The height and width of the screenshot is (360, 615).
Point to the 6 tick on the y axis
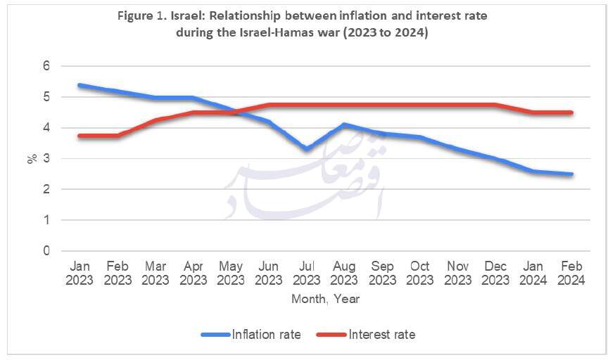click(47, 66)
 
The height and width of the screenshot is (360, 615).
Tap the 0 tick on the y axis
click(47, 251)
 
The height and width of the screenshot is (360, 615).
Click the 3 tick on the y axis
click(47, 159)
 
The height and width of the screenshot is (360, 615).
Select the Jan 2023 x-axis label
click(80, 274)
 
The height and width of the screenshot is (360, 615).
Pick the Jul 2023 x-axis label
click(306, 274)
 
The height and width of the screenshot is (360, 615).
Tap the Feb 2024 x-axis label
click(571, 274)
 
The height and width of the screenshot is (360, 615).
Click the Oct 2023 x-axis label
click(420, 274)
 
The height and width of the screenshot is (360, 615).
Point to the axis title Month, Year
click(325, 299)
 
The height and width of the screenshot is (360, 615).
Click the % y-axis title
click(32, 159)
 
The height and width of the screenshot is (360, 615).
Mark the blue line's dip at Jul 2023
click(306, 149)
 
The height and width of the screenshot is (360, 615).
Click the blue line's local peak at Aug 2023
click(344, 124)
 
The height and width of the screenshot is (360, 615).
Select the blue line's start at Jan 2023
click(80, 85)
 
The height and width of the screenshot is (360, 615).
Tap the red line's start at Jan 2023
click(80, 136)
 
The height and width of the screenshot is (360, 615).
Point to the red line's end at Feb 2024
click(571, 112)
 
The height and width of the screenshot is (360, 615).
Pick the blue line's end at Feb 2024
click(571, 174)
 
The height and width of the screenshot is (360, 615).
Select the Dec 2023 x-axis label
click(495, 274)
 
